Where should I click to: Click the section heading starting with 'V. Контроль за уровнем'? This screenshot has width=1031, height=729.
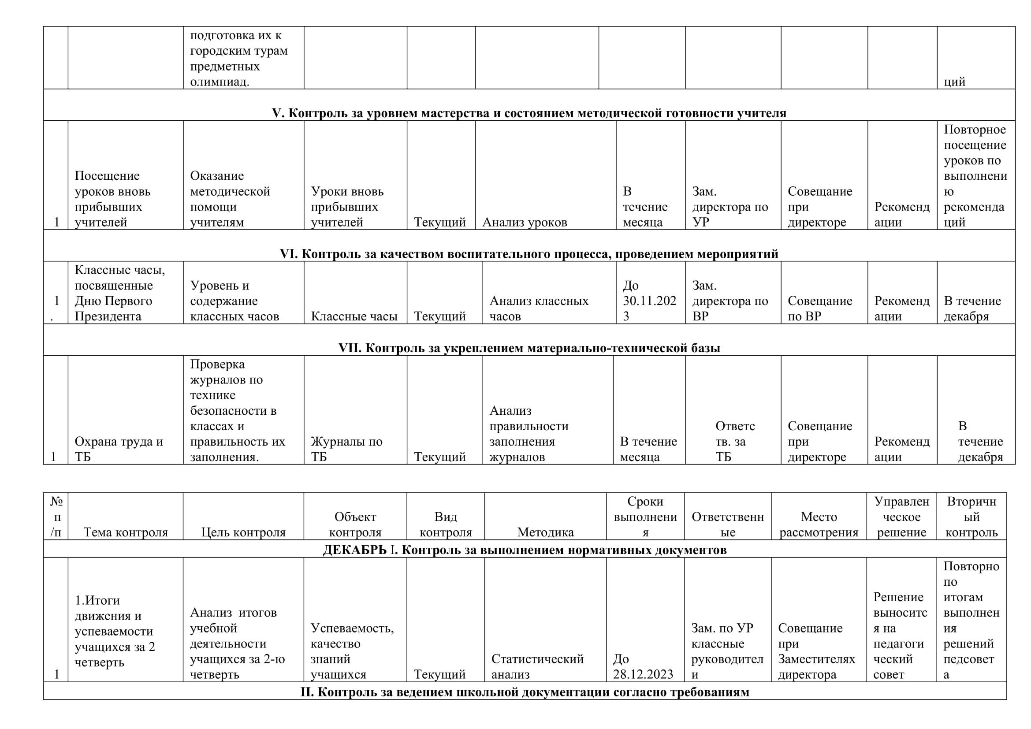(529, 113)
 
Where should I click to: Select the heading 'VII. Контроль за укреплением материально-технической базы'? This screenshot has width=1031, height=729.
(529, 348)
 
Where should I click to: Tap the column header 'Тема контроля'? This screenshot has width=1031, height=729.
(126, 532)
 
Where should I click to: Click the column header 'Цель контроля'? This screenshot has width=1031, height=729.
(243, 532)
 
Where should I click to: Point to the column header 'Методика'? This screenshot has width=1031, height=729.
(545, 532)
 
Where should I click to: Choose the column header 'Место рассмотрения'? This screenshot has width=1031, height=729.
(819, 524)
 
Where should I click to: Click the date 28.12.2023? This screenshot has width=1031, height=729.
(643, 674)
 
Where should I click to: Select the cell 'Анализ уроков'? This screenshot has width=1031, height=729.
(525, 222)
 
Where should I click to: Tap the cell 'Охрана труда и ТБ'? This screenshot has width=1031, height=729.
(119, 449)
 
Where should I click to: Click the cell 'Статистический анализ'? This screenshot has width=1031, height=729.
(537, 666)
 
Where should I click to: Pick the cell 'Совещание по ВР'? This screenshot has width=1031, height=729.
(819, 309)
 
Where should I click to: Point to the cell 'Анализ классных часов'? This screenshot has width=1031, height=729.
(538, 309)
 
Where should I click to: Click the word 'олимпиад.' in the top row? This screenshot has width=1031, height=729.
(220, 82)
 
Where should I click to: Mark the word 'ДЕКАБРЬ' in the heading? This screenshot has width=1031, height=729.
(354, 550)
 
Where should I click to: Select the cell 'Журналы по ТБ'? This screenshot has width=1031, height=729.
(346, 449)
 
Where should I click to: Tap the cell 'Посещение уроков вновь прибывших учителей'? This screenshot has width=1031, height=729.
(112, 199)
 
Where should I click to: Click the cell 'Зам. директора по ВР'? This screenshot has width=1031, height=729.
(730, 301)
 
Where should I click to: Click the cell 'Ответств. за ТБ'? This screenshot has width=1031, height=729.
(735, 441)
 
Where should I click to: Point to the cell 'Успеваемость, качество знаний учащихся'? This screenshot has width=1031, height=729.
(352, 651)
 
